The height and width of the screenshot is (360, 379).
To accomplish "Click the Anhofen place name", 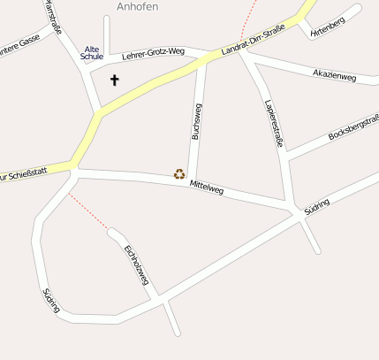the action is pos(138,6).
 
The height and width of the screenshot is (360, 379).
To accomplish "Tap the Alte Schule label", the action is pos(92,53).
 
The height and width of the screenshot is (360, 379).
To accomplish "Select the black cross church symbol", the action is pos(114,80).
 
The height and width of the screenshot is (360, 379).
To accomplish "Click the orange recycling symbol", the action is pos(179,174).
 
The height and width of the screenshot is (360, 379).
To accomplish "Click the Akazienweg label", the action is pos(334,76).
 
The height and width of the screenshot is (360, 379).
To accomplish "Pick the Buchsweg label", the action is pos(196,121).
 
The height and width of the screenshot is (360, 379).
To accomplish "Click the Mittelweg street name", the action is pos(207,187).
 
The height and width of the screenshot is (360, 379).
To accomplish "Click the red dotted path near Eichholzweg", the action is pos(88,213).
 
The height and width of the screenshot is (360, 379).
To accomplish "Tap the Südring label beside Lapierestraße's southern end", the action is pos(315,208).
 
